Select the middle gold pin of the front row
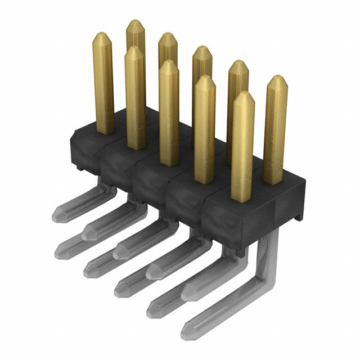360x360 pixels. [x=169, y=112]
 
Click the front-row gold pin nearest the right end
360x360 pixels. [x=242, y=146]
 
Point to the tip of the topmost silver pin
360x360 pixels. [x=56, y=214]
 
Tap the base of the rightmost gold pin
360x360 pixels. [x=273, y=180]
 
